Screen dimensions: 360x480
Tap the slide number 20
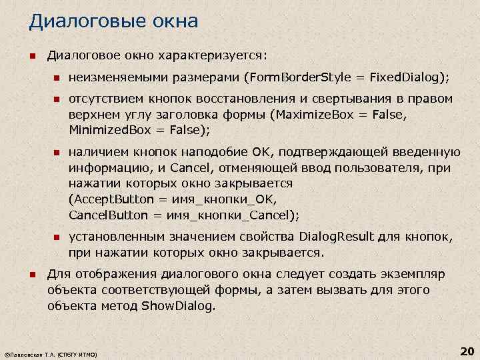[467, 351]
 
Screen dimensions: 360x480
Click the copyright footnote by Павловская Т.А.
[51, 355]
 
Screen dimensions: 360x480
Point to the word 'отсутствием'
[101, 99]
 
